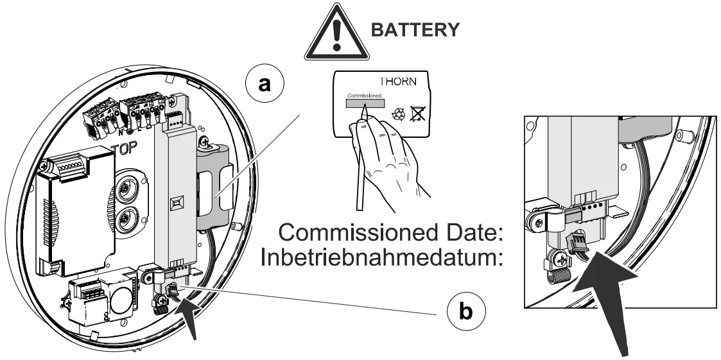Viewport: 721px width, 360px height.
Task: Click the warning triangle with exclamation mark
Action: pos(338,33)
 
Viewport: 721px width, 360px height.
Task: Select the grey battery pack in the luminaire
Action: pos(216,193)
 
